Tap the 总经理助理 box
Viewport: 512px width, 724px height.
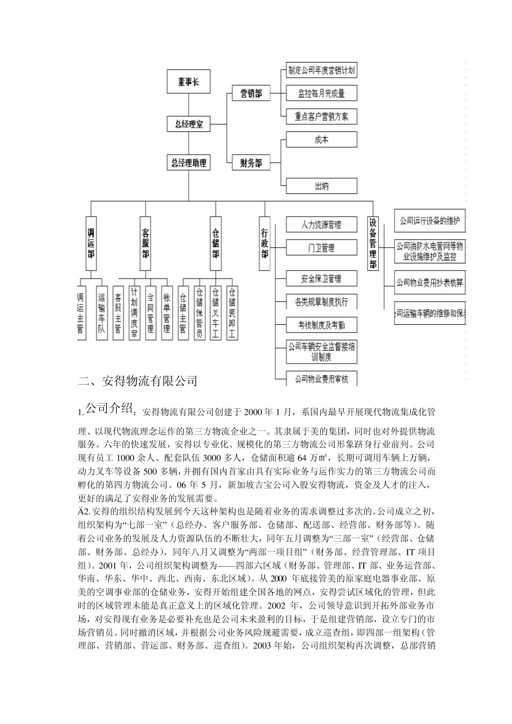click(189, 163)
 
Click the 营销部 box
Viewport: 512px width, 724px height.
click(251, 93)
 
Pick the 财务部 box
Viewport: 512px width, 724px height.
click(251, 163)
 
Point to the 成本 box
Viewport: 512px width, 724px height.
click(321, 140)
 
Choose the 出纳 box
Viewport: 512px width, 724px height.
click(321, 186)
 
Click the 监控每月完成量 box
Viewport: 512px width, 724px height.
click(321, 93)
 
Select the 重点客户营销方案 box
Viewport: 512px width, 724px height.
click(321, 116)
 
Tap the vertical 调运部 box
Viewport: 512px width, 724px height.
click(91, 243)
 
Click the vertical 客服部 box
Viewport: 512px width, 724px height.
click(146, 243)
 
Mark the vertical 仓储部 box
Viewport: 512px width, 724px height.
click(216, 243)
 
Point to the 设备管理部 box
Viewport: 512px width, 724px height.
click(373, 243)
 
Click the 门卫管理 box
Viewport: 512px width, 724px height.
click(321, 248)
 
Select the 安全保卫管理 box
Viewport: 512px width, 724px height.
click(321, 279)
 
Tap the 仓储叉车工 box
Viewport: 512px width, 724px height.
click(216, 312)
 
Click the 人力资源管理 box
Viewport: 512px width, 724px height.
click(321, 224)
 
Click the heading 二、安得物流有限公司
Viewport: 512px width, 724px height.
click(137, 381)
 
